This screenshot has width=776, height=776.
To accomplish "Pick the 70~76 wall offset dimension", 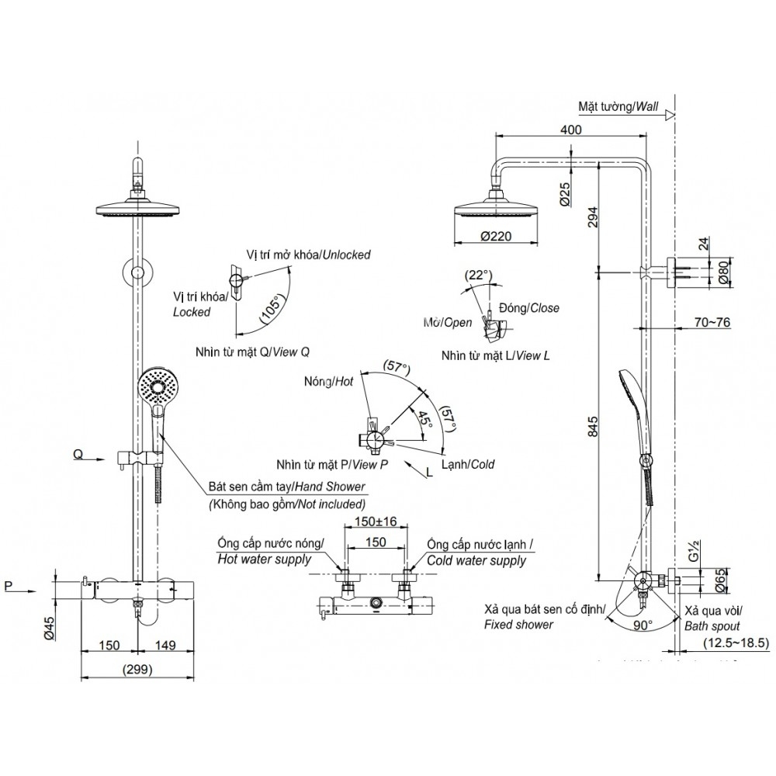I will tap(713, 323).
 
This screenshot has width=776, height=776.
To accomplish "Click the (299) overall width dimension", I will tap(137, 669).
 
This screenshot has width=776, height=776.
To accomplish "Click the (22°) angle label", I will tap(479, 275).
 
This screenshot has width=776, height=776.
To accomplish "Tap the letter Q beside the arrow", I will tap(78, 455).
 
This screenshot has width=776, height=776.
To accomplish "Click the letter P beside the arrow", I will tap(9, 587).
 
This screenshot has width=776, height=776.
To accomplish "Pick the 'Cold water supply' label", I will tap(476, 560).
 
